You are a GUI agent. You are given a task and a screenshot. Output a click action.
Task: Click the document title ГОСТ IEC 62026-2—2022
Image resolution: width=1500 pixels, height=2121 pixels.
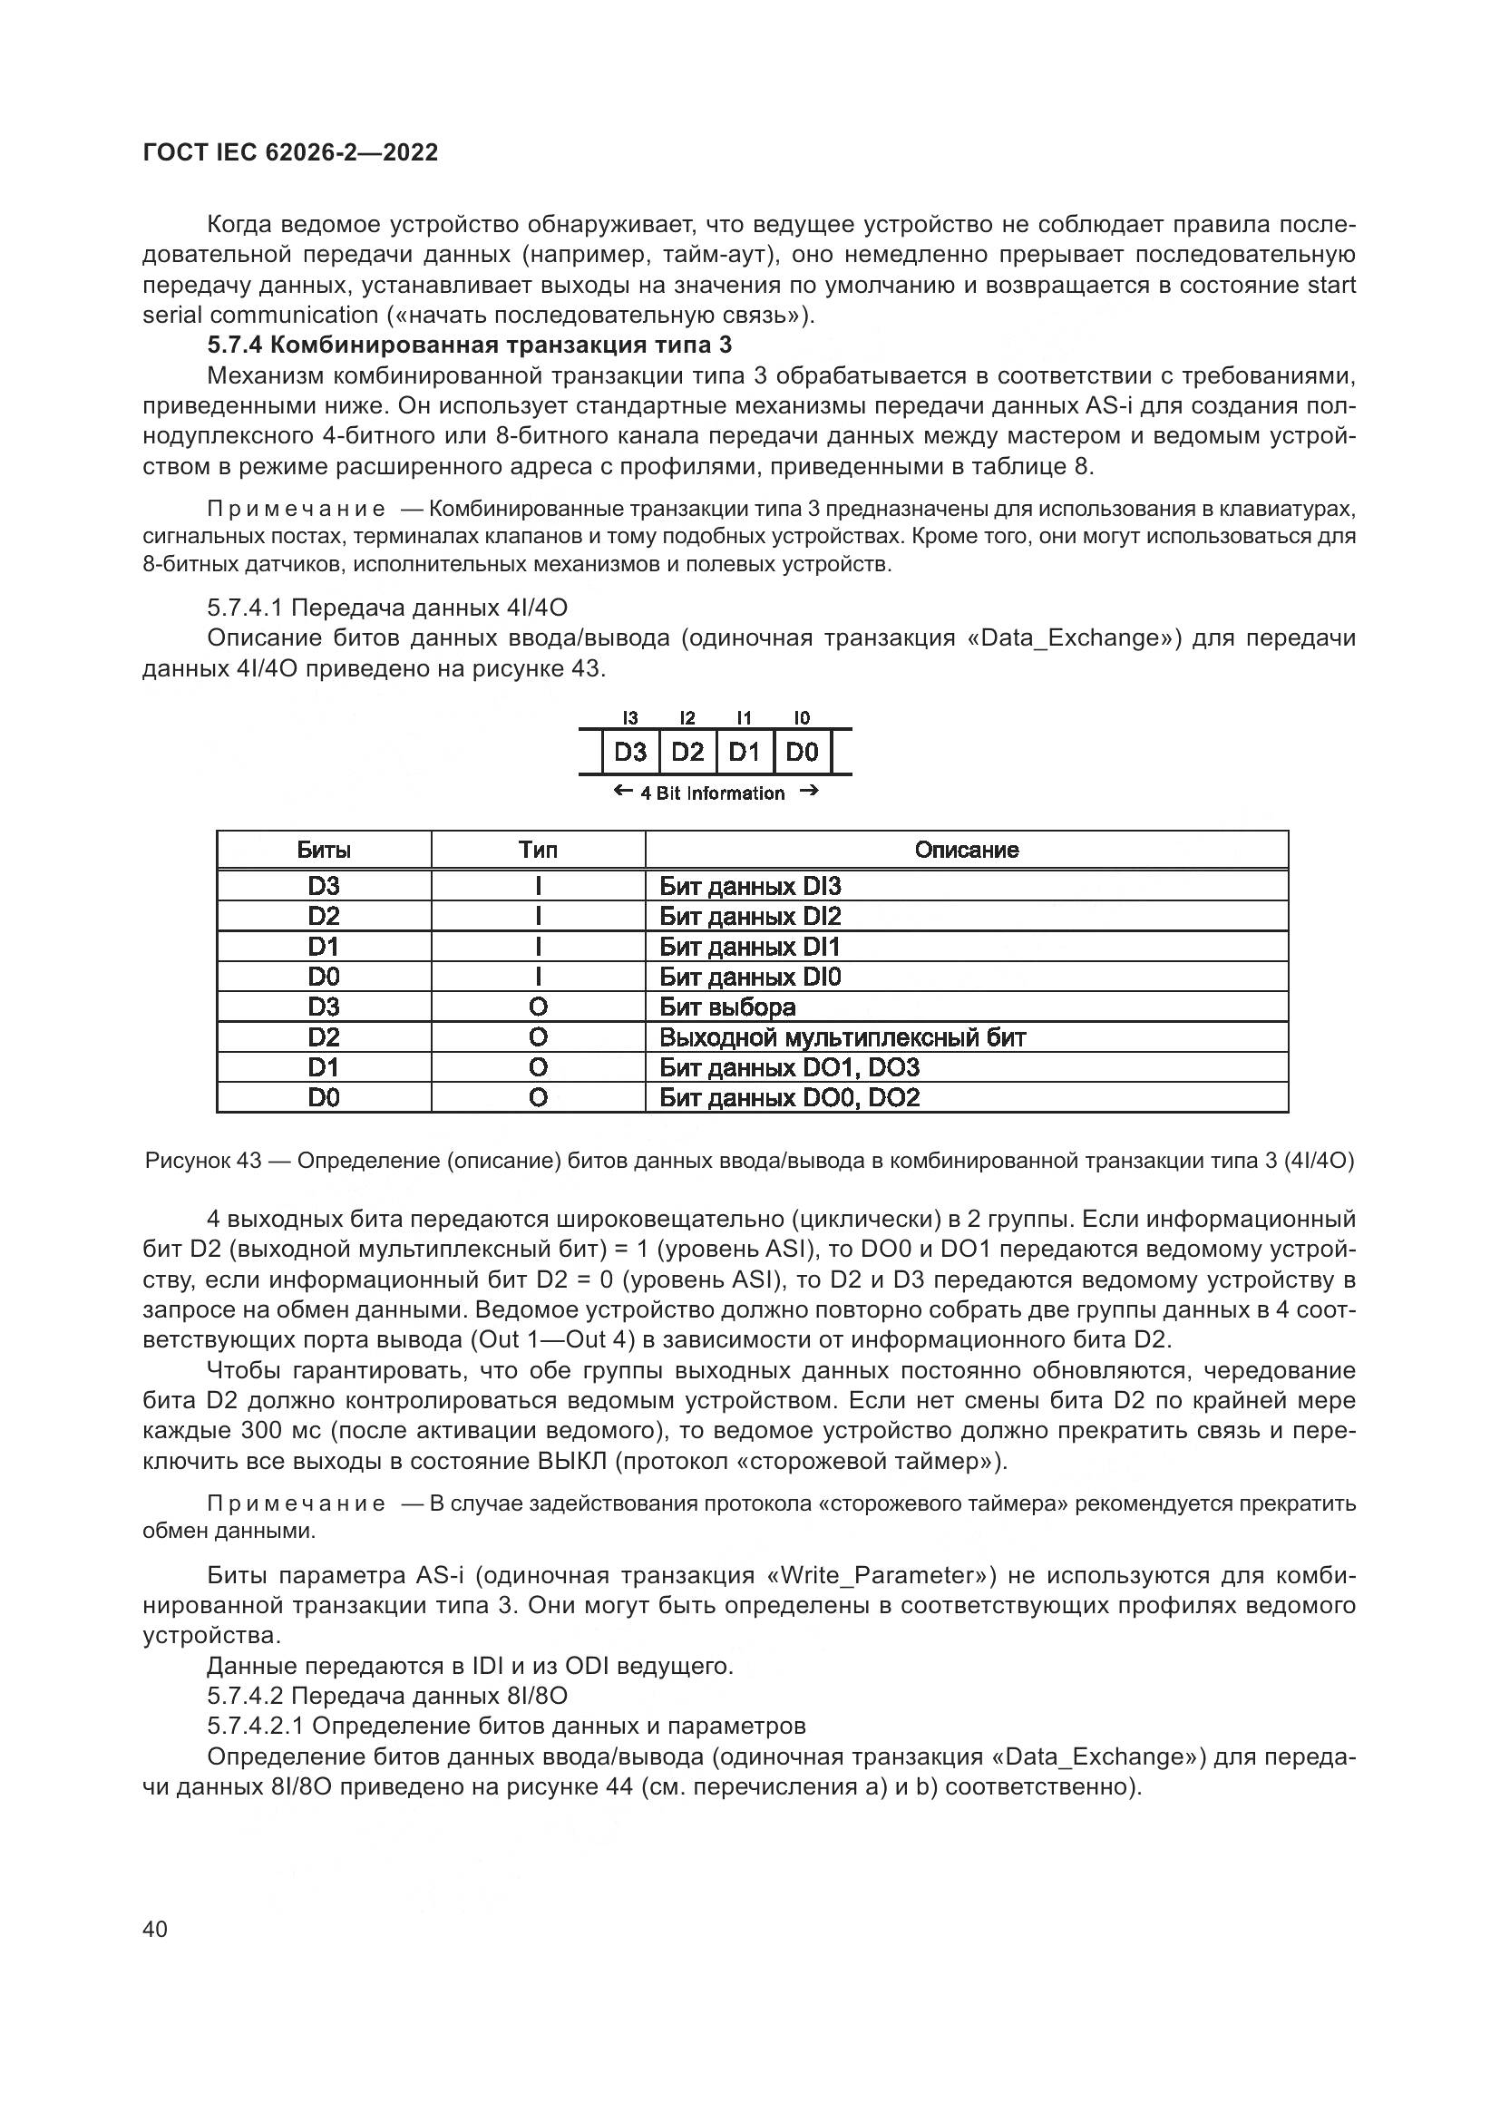[290, 152]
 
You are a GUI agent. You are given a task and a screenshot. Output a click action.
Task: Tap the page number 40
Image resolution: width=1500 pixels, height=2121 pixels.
[155, 1929]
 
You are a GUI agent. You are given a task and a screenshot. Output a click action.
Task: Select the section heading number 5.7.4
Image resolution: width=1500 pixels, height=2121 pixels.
[236, 345]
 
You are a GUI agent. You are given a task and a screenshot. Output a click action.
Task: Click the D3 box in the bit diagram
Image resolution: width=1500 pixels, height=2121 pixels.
[630, 752]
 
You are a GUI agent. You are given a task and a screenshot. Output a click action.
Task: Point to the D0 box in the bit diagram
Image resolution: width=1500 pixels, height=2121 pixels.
[802, 752]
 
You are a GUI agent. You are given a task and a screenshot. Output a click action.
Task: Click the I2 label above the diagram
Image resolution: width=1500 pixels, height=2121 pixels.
[687, 718]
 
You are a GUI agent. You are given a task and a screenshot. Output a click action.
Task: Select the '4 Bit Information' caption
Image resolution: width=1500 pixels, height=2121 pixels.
[712, 793]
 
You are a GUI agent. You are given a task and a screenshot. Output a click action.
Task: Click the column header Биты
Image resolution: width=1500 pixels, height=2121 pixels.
[323, 850]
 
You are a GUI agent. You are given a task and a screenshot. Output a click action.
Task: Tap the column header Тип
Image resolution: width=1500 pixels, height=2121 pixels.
[538, 850]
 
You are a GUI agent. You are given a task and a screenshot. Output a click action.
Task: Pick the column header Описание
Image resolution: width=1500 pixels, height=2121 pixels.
[966, 850]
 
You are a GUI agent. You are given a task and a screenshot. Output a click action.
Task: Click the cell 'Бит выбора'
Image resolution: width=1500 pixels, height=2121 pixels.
[727, 1007]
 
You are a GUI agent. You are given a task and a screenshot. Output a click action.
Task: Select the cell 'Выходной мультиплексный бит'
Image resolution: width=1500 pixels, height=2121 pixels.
[843, 1037]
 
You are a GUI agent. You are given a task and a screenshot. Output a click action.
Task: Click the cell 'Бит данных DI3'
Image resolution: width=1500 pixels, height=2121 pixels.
[750, 887]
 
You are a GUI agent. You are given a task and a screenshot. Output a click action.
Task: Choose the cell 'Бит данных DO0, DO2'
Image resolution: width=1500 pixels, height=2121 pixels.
[789, 1097]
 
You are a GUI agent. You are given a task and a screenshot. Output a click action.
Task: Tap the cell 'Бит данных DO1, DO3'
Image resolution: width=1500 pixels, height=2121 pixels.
[789, 1068]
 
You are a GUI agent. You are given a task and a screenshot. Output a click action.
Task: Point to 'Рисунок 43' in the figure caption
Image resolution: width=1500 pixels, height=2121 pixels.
[203, 1162]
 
